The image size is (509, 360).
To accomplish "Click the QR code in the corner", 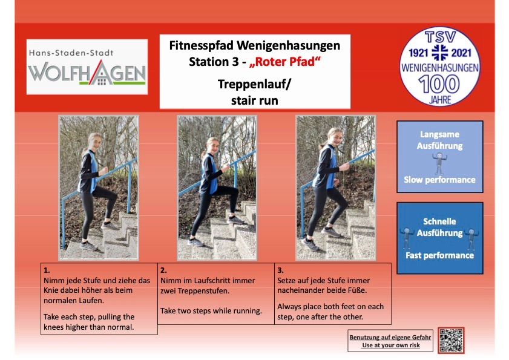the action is [452, 341].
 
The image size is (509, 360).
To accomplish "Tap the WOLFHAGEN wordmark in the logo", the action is [87, 73].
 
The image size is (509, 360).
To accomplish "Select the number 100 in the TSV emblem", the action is [439, 84].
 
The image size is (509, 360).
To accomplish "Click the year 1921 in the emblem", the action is [418, 53].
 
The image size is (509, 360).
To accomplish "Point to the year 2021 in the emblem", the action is [461, 53].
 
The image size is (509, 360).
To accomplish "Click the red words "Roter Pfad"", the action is [285, 62].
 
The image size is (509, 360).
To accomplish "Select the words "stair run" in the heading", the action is [254, 100].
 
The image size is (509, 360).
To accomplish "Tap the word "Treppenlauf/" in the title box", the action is [254, 84].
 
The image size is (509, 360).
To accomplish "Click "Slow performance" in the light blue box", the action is [439, 180].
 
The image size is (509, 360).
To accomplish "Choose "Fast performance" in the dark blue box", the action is [439, 255].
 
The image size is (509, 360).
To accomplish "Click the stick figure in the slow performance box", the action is [439, 163].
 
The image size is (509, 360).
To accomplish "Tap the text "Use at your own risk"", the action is [391, 345].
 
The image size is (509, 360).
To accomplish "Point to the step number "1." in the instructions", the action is [47, 270].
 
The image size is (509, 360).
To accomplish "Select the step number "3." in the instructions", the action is [280, 270].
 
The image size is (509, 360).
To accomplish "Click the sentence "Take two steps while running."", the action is [211, 310].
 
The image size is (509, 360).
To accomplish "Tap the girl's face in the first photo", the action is [94, 142].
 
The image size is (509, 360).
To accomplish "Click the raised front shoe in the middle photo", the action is [235, 220].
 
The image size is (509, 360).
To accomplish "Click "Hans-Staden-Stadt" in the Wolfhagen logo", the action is [71, 53].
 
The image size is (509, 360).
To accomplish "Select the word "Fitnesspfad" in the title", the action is [201, 46].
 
